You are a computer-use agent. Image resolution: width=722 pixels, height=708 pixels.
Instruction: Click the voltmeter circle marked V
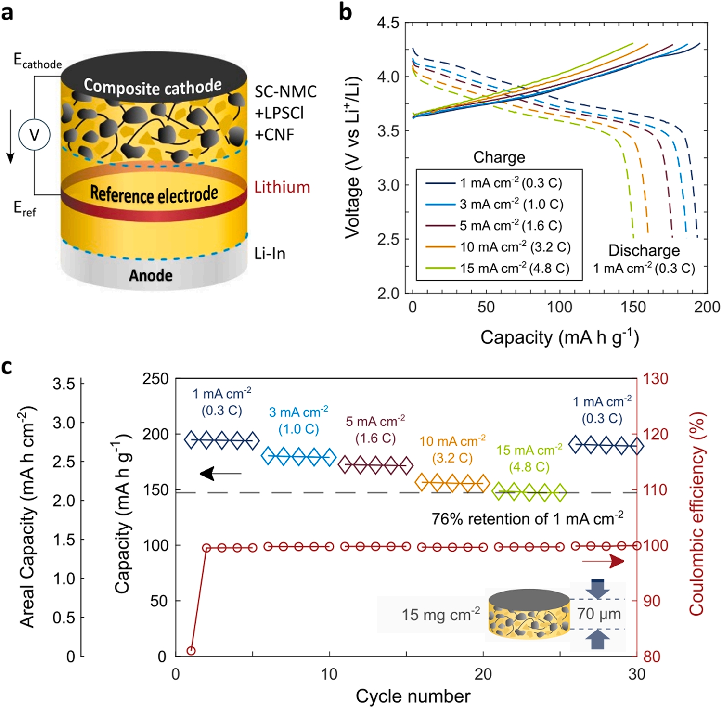[34, 135]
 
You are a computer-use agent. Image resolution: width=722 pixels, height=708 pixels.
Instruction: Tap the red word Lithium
[282, 187]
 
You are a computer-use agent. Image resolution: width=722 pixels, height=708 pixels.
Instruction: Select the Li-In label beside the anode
[270, 254]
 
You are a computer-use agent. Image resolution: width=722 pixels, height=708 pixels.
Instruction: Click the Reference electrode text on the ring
[154, 194]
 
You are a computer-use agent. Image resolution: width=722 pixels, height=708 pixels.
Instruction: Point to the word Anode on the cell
[151, 275]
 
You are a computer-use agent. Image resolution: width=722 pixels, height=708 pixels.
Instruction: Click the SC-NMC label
[285, 92]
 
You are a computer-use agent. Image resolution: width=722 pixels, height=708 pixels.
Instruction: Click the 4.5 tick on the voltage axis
[388, 23]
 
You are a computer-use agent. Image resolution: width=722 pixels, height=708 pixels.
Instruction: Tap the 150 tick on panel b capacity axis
[633, 307]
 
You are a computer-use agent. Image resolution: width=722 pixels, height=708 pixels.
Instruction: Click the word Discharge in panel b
[644, 250]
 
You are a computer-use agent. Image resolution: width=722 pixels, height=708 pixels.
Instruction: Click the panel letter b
[345, 12]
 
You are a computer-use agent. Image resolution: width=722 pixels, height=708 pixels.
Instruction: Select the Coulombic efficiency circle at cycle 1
[191, 651]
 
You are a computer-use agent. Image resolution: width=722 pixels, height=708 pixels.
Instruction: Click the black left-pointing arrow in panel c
[220, 474]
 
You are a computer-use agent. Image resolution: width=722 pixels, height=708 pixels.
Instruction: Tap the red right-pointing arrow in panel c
[604, 561]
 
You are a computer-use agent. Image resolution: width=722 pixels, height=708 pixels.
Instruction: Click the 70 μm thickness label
[599, 614]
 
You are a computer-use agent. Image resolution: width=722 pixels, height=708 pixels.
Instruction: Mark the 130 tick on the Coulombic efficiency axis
[656, 379]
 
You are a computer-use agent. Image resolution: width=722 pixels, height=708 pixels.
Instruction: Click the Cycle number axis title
[413, 696]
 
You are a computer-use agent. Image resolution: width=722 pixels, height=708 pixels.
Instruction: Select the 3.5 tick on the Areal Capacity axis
[64, 384]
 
